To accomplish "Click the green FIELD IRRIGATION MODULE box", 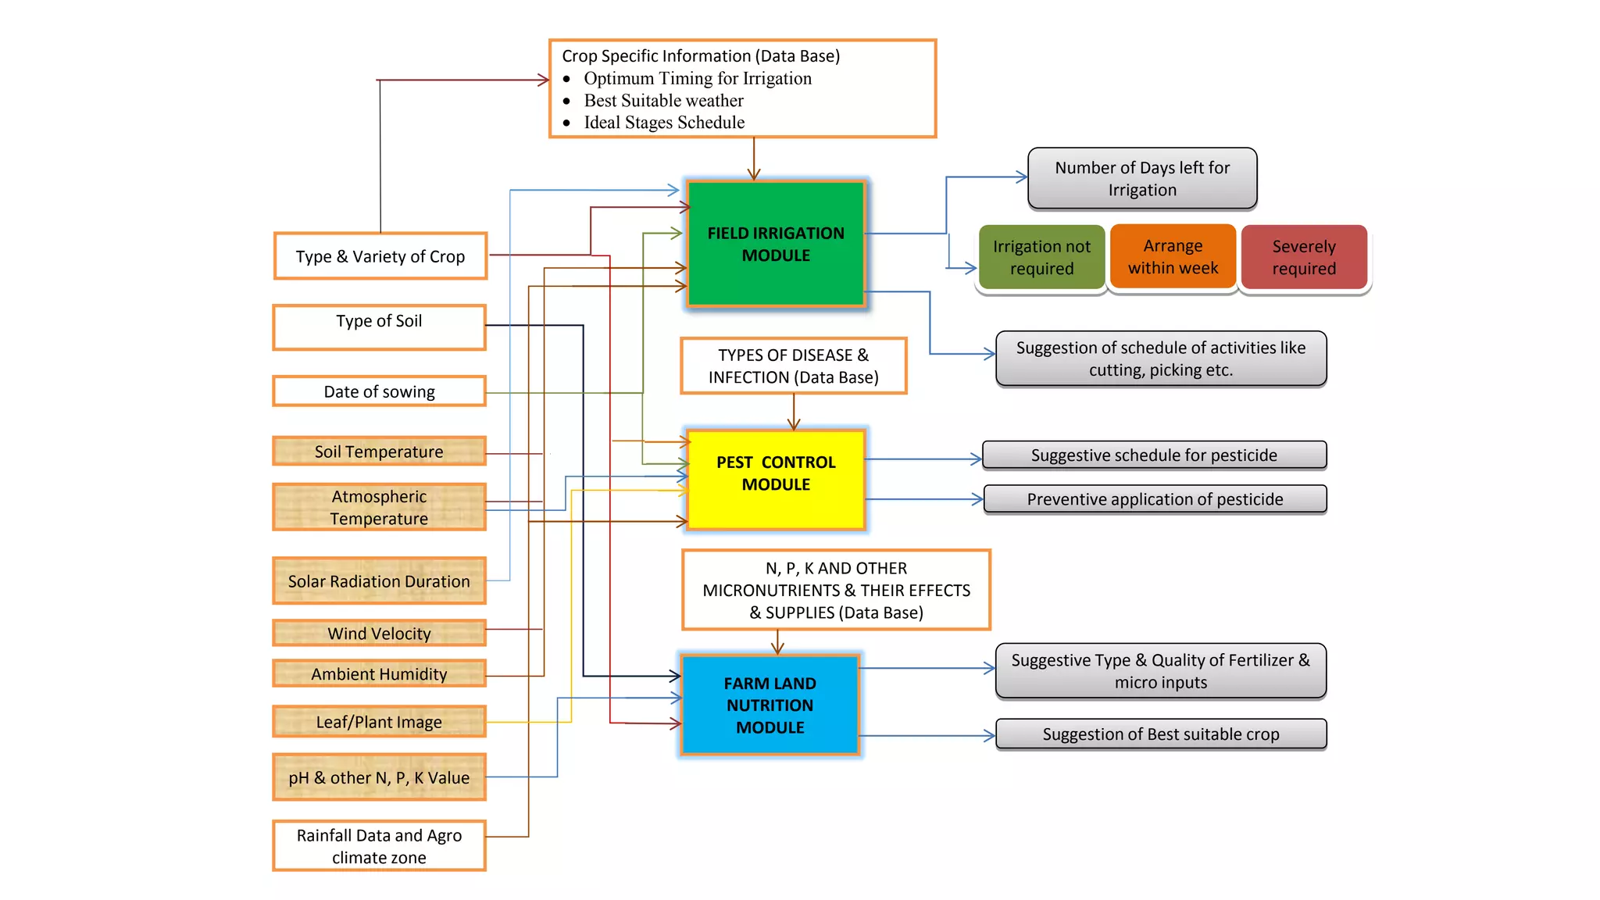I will [x=776, y=244].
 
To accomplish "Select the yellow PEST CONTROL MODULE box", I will [x=776, y=479].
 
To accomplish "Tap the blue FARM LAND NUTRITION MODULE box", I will [x=770, y=705].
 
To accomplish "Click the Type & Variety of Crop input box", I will [x=380, y=256].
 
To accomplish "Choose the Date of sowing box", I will [x=379, y=391].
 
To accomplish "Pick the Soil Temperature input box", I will [x=379, y=452].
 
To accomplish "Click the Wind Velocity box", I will [x=379, y=633].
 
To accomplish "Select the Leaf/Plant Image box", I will [x=379, y=722].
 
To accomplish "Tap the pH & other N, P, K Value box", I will [x=379, y=777].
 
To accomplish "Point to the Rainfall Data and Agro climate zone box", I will [x=379, y=846].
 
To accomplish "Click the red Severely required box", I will [x=1304, y=257].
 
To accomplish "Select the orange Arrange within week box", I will [x=1173, y=256].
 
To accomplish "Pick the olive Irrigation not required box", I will [x=1041, y=257].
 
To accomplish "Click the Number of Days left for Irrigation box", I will [x=1142, y=179].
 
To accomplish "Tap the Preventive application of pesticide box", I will [x=1155, y=499].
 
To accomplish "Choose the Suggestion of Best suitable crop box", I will [x=1161, y=734].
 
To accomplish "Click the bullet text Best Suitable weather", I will [x=663, y=101].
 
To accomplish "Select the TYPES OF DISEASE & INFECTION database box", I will [x=793, y=366].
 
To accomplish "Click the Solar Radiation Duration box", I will [x=379, y=581].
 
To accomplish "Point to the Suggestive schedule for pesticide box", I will [x=1154, y=455].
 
